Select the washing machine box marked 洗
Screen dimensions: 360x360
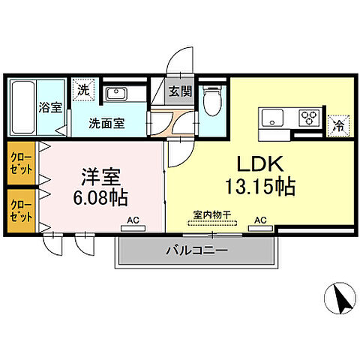pyautogui.click(x=82, y=89)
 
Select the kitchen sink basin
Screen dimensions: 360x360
pyautogui.click(x=271, y=118)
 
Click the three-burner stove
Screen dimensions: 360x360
pyautogui.click(x=308, y=118)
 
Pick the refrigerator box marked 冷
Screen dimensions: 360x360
pyautogui.click(x=338, y=126)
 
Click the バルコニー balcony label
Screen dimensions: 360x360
pyautogui.click(x=196, y=251)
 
